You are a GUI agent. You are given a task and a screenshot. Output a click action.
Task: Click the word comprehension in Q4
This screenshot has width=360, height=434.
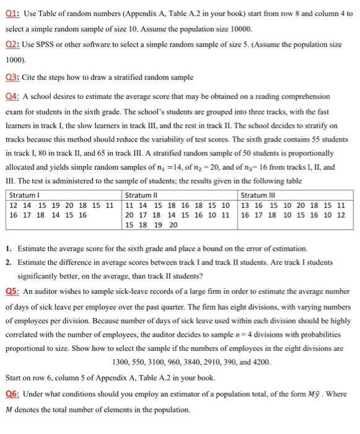tap(304, 97)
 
